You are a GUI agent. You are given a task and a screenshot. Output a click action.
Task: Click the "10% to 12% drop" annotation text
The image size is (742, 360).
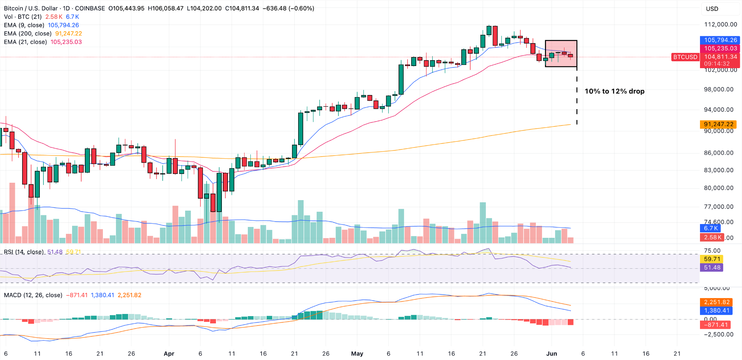click(x=614, y=91)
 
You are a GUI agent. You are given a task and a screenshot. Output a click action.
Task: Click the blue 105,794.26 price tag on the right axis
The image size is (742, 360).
click(x=720, y=40)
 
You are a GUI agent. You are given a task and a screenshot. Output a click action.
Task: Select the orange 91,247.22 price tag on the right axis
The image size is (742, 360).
click(x=718, y=124)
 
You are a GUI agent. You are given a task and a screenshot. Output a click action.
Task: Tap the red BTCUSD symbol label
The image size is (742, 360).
click(x=685, y=57)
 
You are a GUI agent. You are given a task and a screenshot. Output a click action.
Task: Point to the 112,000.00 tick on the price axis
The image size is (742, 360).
click(x=720, y=24)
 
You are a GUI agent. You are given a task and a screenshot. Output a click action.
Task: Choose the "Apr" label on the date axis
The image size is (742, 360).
click(x=169, y=353)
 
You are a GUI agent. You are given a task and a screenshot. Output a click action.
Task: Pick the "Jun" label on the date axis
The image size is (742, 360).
click(x=551, y=353)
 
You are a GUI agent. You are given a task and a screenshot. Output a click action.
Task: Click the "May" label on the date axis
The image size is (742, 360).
click(x=357, y=353)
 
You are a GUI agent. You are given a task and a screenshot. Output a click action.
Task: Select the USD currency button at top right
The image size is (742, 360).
click(x=712, y=9)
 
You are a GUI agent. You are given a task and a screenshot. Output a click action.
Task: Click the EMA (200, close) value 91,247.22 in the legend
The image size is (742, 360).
click(x=68, y=33)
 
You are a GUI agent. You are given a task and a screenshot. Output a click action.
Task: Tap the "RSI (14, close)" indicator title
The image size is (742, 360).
click(x=24, y=252)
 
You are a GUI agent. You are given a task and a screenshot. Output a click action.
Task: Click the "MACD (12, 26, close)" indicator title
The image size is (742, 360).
click(x=33, y=295)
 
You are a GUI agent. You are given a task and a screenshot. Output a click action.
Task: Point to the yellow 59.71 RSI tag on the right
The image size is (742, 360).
click(x=712, y=259)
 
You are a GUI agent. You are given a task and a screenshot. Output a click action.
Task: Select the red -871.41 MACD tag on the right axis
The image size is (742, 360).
click(x=716, y=325)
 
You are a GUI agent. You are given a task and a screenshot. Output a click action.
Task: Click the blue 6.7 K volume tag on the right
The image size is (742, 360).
click(x=710, y=228)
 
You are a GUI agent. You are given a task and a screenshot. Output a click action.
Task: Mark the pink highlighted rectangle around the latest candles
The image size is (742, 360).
click(x=561, y=53)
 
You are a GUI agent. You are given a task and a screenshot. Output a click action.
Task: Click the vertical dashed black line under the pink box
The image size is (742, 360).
click(x=577, y=98)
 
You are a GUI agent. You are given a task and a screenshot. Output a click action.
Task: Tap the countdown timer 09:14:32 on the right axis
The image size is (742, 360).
click(x=717, y=63)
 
